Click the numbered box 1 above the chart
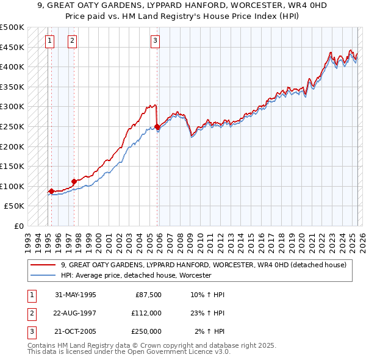point(49,41)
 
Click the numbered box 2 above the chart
point(72,41)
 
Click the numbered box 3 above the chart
point(156,41)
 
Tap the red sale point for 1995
point(51,191)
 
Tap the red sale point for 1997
point(74,181)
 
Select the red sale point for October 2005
point(157,127)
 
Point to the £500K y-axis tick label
point(13,28)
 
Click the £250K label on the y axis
point(13,126)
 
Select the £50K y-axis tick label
point(15,206)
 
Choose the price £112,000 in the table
point(146,313)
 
